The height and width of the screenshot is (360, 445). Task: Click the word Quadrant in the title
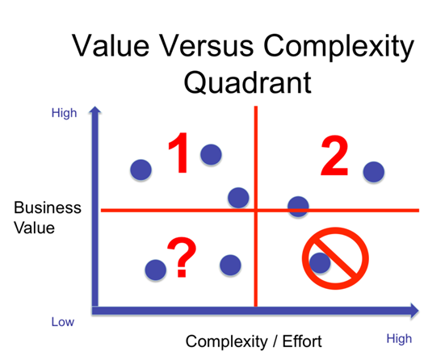coord(248,82)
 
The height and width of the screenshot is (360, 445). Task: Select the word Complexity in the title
coord(338,48)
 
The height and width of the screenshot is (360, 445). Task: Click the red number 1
coord(179,153)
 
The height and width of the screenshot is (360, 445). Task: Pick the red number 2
coord(334,156)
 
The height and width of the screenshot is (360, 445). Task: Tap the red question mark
coord(182,257)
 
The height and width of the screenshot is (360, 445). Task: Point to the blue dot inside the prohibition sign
coord(320,262)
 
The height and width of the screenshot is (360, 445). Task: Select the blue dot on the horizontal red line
coord(298,207)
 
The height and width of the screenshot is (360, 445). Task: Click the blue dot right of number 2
coord(374,172)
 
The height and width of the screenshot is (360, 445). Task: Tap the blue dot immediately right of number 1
coord(211,154)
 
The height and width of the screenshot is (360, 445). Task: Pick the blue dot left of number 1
coord(141,170)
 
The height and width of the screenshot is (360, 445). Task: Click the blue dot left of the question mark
coord(156,270)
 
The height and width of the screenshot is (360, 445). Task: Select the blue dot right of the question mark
coord(230,265)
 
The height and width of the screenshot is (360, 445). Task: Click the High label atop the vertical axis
coord(64,113)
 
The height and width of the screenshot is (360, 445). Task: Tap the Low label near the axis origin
coord(63,322)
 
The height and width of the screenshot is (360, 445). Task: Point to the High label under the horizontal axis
coord(399,339)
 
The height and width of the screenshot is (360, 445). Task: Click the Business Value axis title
coord(48,218)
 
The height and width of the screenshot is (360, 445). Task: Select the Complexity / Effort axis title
coord(254,341)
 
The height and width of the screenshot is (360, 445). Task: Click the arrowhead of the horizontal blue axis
coord(415,311)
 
